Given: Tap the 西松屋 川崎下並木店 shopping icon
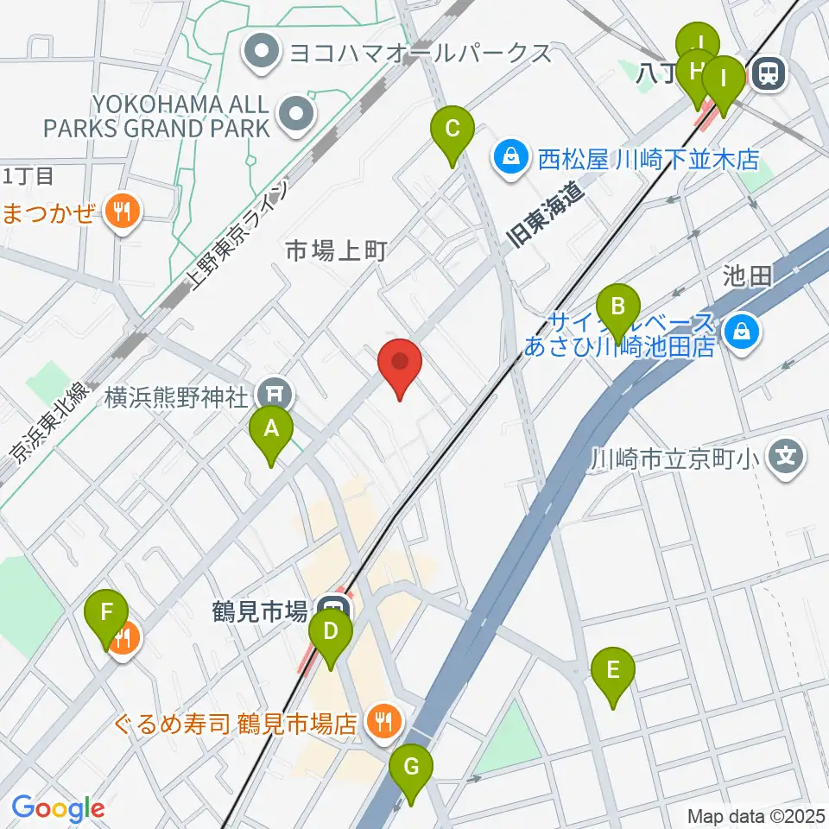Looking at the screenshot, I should [512, 158].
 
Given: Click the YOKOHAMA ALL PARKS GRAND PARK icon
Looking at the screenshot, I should [295, 113].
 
